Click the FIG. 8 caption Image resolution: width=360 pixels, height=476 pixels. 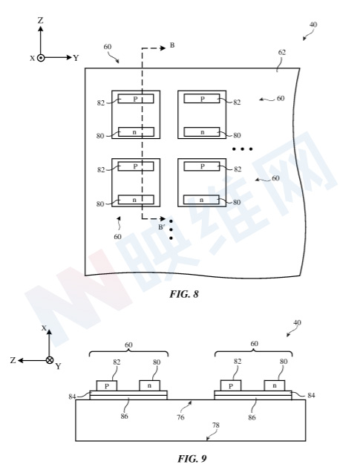[x=183, y=294]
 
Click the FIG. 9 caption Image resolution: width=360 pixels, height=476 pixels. [x=192, y=458]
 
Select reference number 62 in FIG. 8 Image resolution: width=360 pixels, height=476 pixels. [x=282, y=52]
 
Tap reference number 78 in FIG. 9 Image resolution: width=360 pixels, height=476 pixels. [x=215, y=426]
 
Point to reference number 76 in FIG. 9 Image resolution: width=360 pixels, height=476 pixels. [x=180, y=417]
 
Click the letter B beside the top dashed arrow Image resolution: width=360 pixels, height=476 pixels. [x=172, y=45]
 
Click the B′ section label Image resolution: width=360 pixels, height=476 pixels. [x=162, y=226]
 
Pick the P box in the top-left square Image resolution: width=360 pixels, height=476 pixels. [x=136, y=99]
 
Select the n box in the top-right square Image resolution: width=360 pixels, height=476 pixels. [x=202, y=131]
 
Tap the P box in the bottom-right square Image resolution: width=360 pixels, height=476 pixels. [x=202, y=166]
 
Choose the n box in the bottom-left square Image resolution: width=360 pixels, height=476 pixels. [x=136, y=200]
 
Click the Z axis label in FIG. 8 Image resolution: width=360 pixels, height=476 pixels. [x=40, y=20]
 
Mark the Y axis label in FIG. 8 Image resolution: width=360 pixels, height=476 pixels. [x=76, y=58]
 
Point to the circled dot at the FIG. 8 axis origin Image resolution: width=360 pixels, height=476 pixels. [x=41, y=58]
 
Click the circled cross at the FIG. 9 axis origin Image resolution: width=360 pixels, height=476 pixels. [x=50, y=360]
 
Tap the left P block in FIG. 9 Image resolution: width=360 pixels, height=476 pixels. [x=107, y=385]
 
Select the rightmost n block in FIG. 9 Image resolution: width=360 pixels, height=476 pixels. [x=275, y=385]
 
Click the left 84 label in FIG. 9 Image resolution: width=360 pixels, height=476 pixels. [x=72, y=397]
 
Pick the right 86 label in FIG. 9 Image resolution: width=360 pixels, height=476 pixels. [x=252, y=417]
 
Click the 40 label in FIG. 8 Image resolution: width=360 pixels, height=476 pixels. [x=313, y=25]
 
